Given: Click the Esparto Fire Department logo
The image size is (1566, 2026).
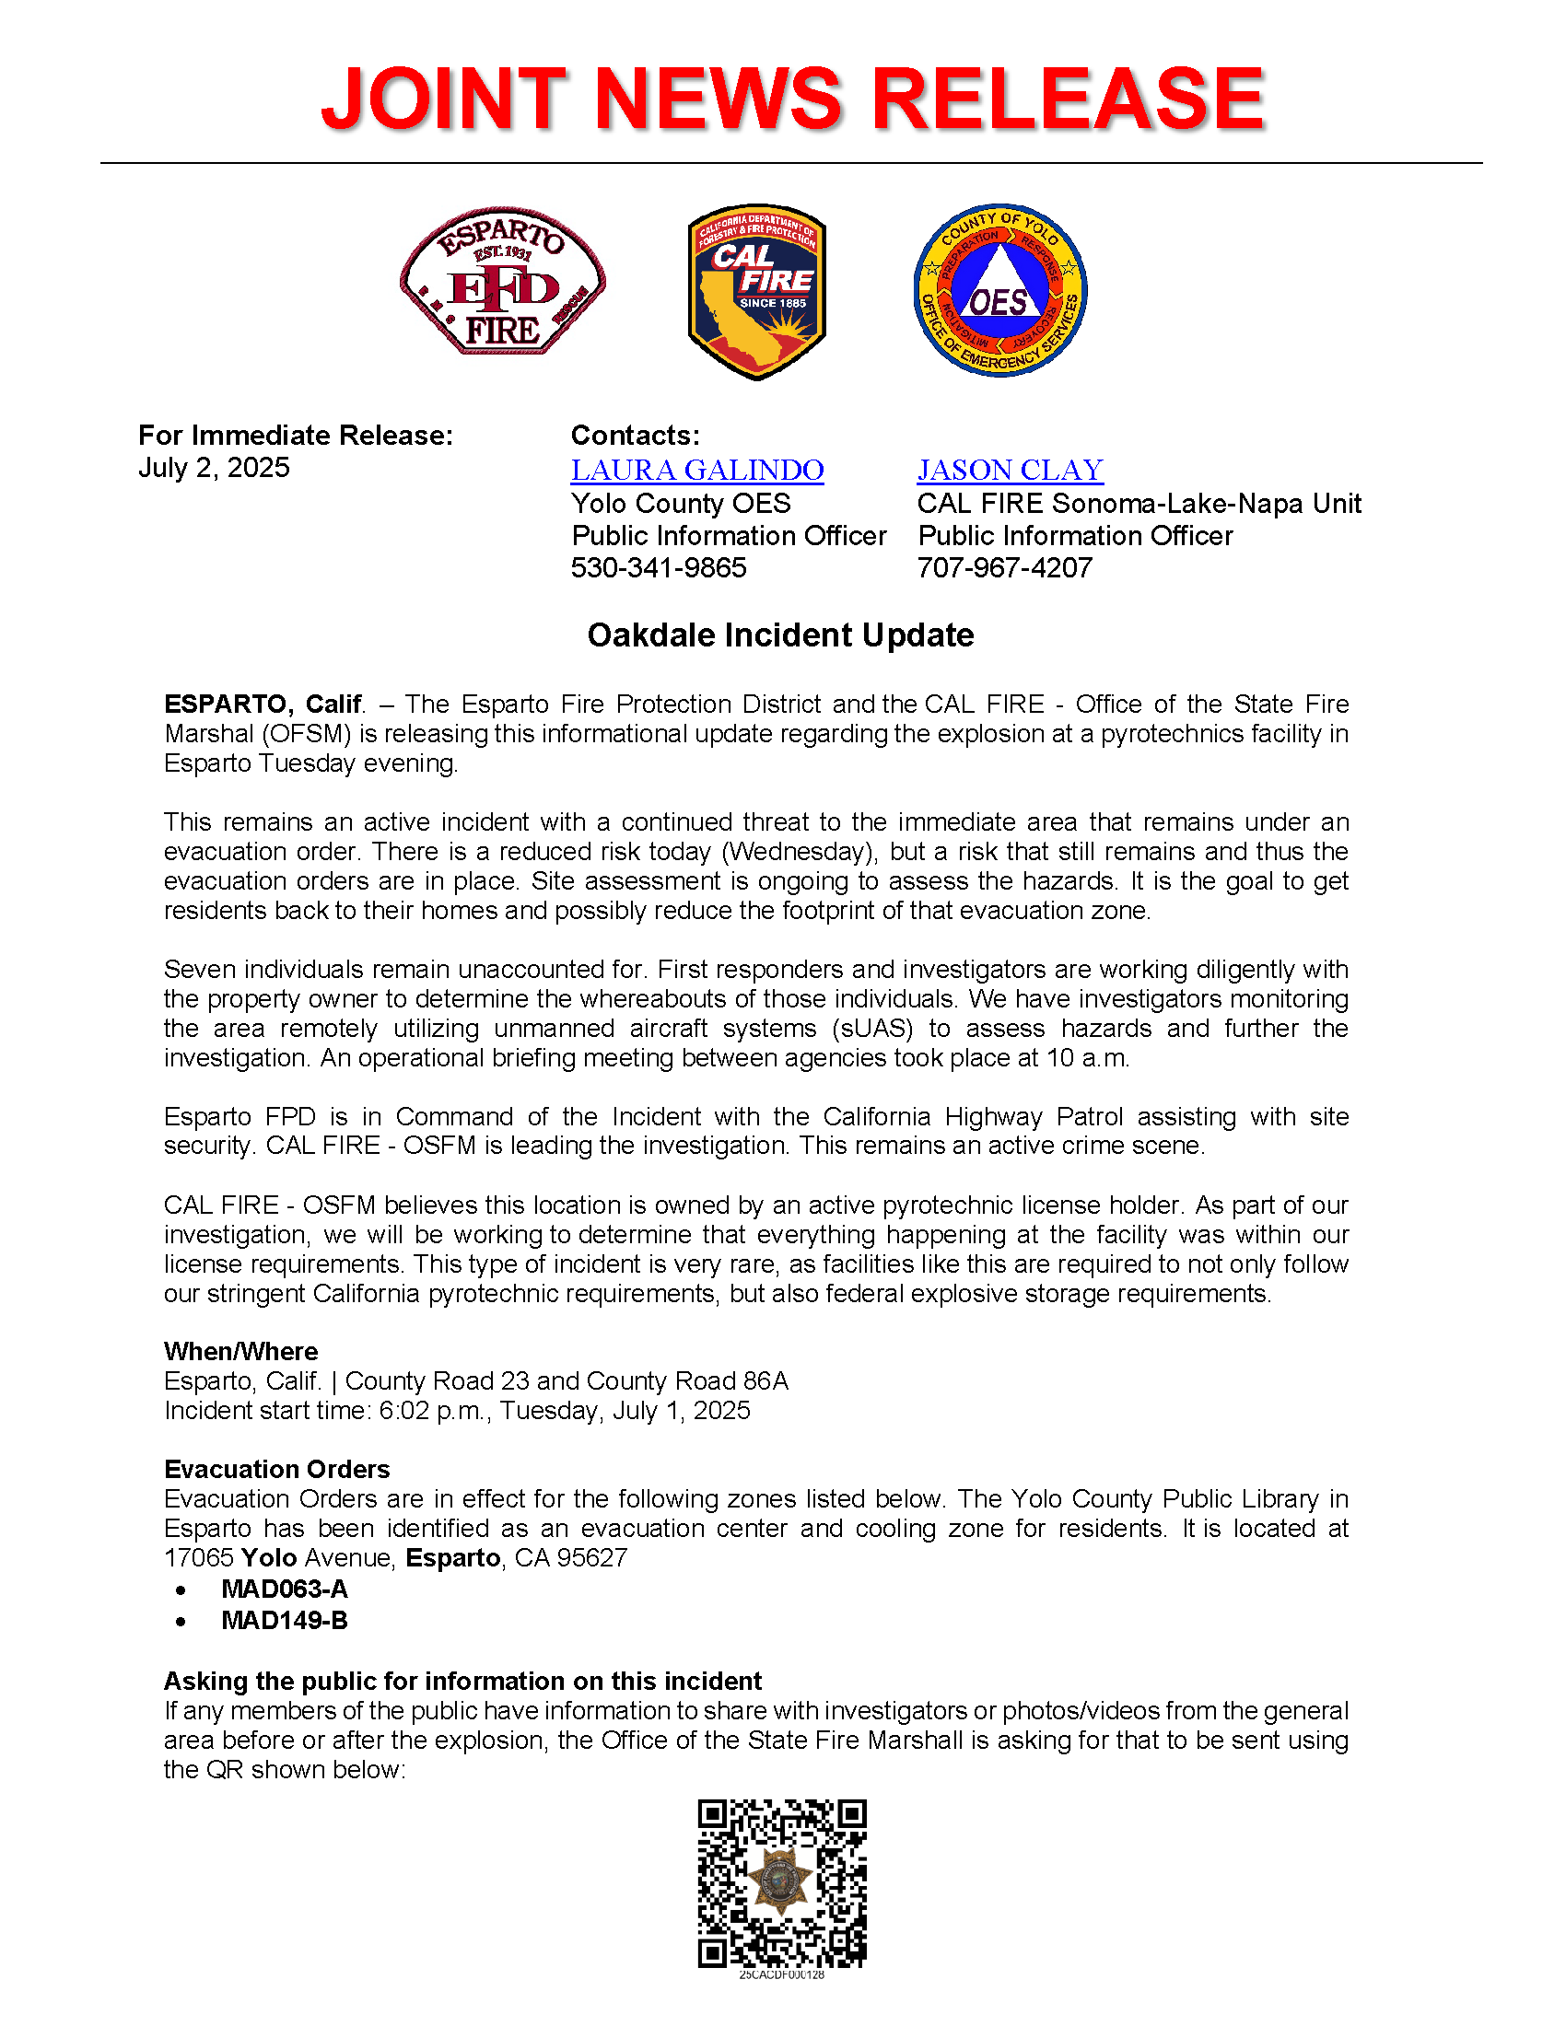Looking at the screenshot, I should click(x=502, y=281).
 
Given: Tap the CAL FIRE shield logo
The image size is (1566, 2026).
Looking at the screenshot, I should click(x=756, y=291).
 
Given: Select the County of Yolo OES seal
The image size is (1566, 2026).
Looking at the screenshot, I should click(x=1000, y=290).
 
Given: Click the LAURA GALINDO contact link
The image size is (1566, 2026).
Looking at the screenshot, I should click(x=696, y=471).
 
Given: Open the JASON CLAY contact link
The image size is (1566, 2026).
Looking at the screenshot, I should click(x=1010, y=471).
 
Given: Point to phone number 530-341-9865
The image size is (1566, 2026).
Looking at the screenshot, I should click(x=658, y=567).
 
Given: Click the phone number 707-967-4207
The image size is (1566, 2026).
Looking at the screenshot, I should click(x=1004, y=567).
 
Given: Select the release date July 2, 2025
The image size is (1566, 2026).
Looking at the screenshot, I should click(x=214, y=468).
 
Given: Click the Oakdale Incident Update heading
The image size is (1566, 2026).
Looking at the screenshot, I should click(x=780, y=635).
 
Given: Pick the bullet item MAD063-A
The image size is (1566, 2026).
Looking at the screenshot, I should click(x=284, y=1589).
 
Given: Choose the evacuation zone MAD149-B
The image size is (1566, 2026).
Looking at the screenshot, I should click(x=284, y=1620).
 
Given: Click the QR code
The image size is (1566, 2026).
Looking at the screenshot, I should click(x=781, y=1883).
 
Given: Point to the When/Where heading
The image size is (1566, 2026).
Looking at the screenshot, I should click(x=240, y=1351).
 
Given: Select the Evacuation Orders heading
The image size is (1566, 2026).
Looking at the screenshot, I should click(x=276, y=1469).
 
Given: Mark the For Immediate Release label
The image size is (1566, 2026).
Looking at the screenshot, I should click(x=295, y=435).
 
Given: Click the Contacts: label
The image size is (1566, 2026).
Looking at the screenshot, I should click(x=635, y=435).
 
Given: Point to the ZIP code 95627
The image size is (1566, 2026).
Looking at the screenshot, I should click(x=591, y=1557).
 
